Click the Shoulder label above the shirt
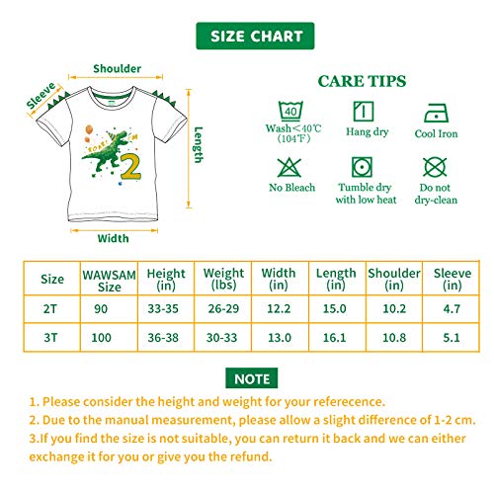[117, 69]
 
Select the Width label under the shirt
[114, 238]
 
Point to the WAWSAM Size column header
[102, 279]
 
